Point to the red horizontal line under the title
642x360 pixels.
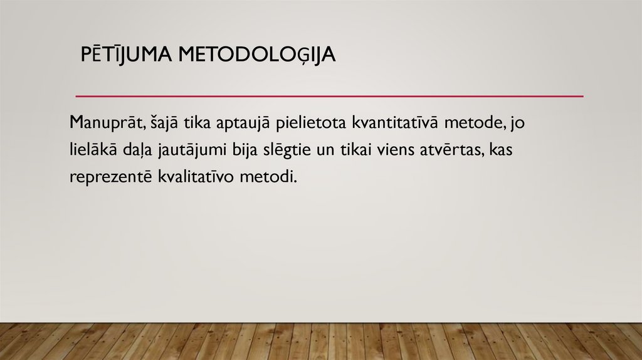point(329,97)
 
